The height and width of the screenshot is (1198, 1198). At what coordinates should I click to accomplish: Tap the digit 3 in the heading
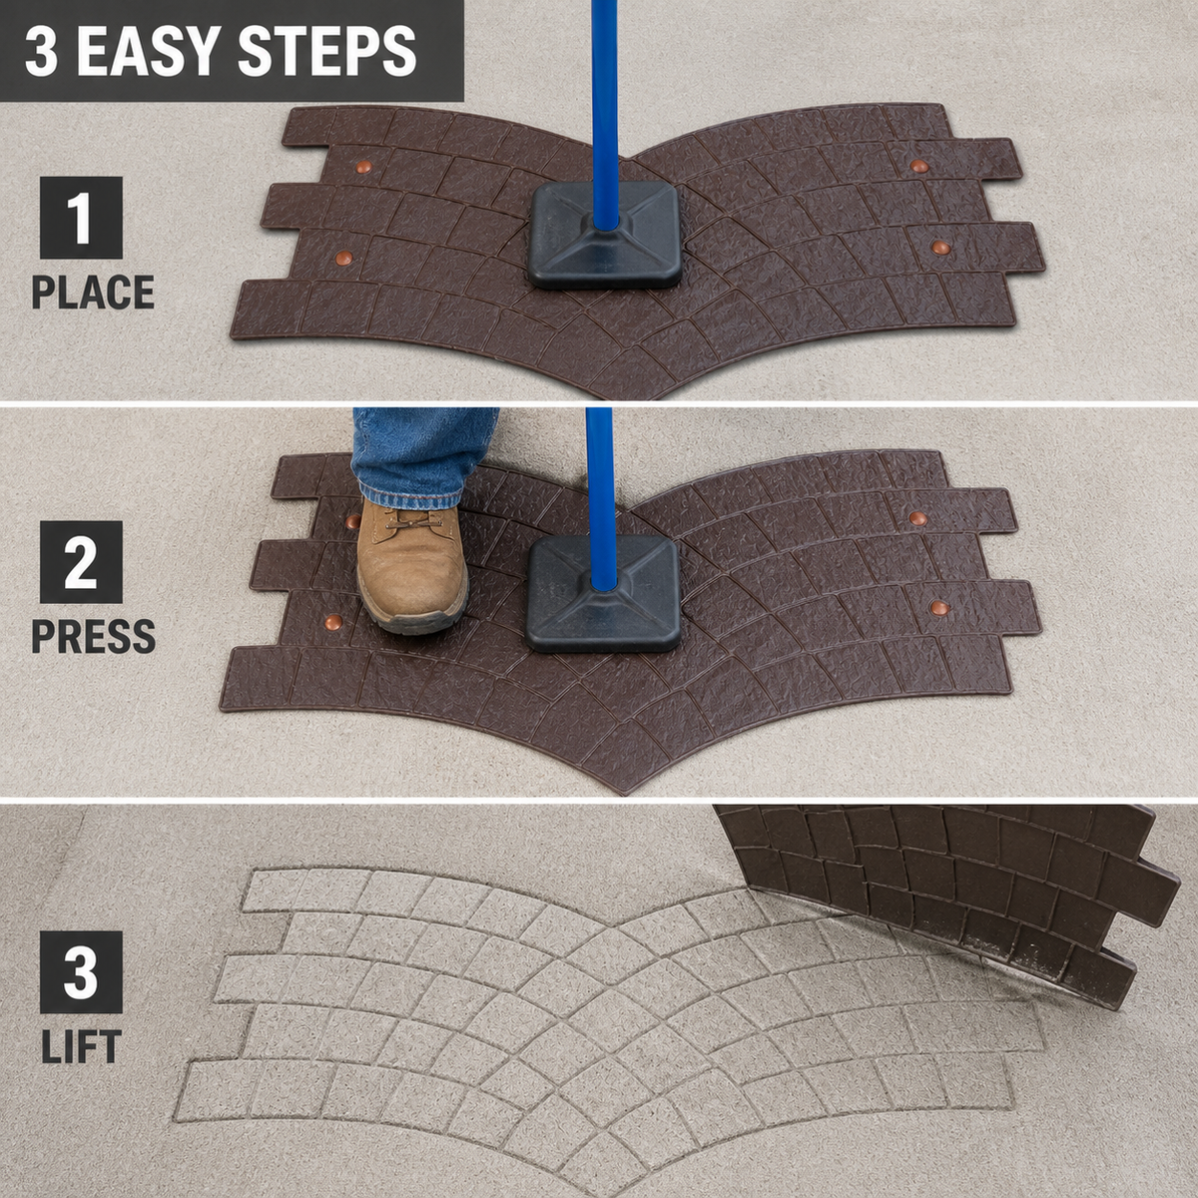(42, 51)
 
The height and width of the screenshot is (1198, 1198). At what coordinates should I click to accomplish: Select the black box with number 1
(81, 218)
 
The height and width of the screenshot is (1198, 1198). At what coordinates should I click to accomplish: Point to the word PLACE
(93, 293)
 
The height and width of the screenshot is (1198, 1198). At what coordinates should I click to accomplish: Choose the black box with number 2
(81, 562)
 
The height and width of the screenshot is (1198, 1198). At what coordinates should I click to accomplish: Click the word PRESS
(93, 636)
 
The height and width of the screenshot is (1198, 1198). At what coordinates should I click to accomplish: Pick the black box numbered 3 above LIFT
(81, 972)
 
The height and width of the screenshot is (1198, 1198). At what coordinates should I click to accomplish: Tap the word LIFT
(81, 1047)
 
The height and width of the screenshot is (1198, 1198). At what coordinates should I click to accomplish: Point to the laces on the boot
(412, 522)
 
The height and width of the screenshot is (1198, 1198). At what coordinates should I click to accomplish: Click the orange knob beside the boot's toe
(334, 620)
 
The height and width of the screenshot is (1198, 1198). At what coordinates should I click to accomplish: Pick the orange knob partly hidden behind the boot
(353, 521)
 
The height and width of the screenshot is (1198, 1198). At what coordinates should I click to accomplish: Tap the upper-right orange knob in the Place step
(919, 166)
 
